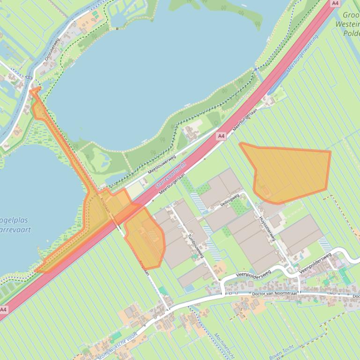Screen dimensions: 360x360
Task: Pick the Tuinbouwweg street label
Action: pyautogui.click(x=196, y=246)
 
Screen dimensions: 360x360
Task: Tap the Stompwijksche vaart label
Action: pyautogui.click(x=117, y=346)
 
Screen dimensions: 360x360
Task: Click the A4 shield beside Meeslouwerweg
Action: pyautogui.click(x=221, y=136)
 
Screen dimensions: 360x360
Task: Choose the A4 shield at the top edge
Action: pyautogui.click(x=335, y=3)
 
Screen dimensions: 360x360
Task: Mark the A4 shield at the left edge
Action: pyautogui.click(x=4, y=310)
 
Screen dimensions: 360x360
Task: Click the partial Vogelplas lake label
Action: pyautogui.click(x=14, y=225)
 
